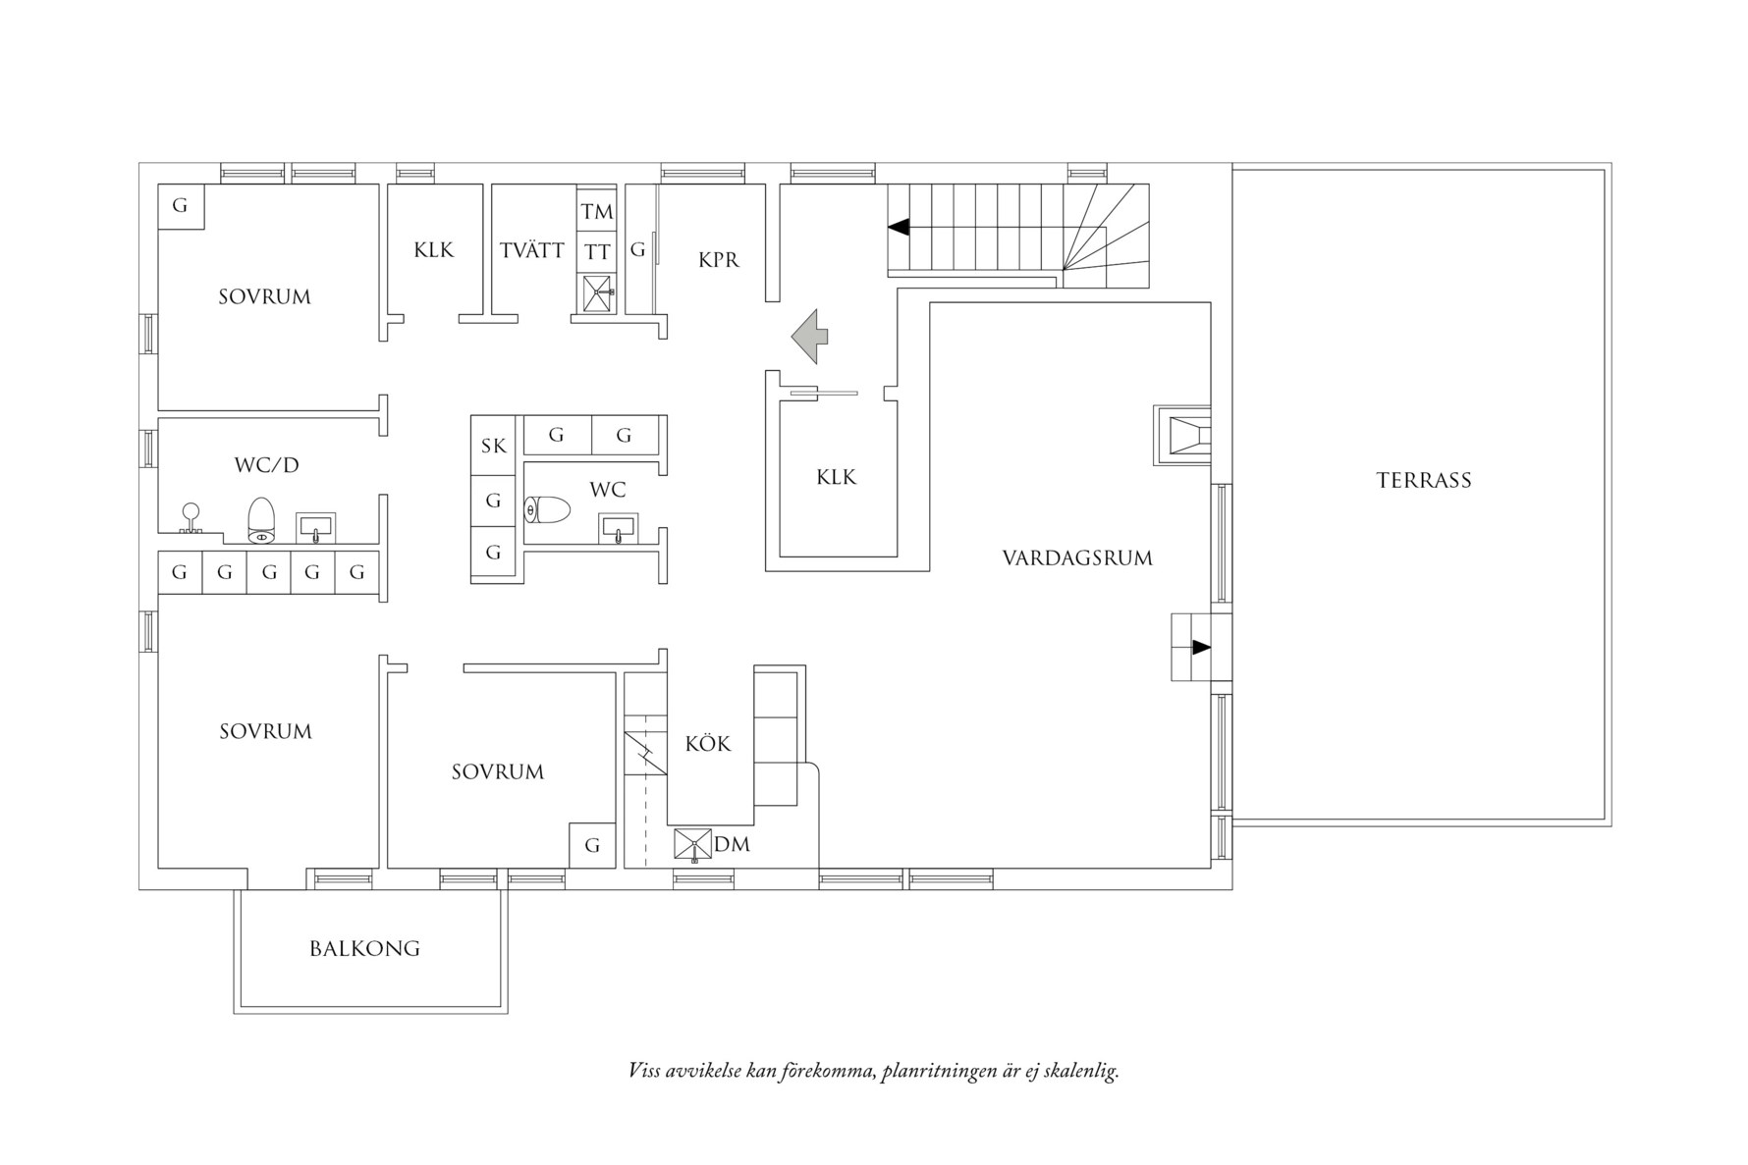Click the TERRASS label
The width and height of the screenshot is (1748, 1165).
click(x=1423, y=480)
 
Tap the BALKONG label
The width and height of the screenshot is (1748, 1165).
click(x=364, y=948)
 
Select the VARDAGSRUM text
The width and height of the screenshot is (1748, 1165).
click(x=1077, y=557)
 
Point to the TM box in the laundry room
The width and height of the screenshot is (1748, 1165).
click(x=596, y=211)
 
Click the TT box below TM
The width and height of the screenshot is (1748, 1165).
click(x=596, y=252)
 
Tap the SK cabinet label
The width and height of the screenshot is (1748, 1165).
click(x=493, y=447)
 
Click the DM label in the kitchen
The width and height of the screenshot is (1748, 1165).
click(x=732, y=844)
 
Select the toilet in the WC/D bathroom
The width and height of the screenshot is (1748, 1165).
click(x=261, y=520)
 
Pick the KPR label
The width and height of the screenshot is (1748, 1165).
click(x=719, y=260)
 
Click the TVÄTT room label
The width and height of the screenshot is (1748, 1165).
click(x=531, y=250)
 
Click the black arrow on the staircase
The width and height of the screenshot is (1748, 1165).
click(x=898, y=228)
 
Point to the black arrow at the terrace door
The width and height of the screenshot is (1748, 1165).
click(x=1200, y=648)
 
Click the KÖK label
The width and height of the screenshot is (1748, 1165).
click(x=708, y=744)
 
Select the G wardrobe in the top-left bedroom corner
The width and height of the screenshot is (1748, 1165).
click(x=181, y=206)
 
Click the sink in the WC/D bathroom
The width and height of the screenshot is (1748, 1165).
click(x=315, y=527)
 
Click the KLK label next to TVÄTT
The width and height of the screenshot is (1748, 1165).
click(x=433, y=250)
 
